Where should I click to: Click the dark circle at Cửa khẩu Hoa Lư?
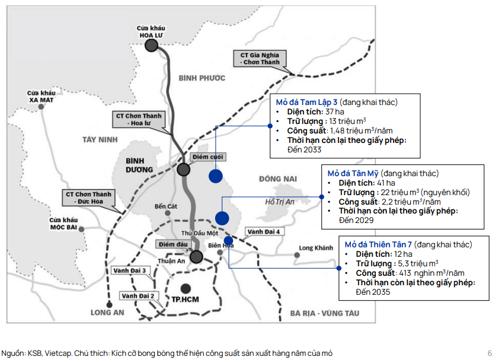[x=151, y=44]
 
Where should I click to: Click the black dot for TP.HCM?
[x=186, y=288]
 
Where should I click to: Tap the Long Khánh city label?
[x=316, y=248]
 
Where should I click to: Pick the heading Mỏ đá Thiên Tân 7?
[x=378, y=244]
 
